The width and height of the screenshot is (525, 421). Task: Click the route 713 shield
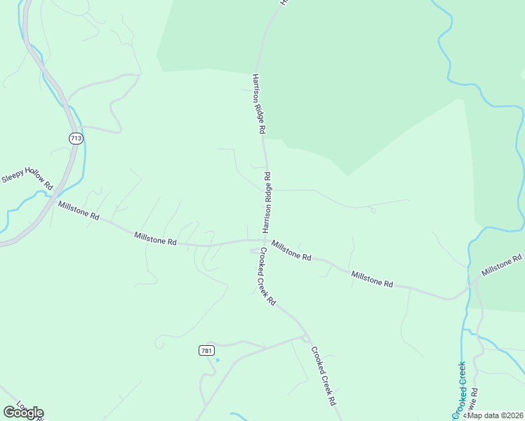[x=76, y=138]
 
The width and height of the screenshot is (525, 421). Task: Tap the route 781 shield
[x=206, y=350]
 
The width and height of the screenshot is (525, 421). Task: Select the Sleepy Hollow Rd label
[x=27, y=179]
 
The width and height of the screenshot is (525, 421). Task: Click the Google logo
[x=23, y=413]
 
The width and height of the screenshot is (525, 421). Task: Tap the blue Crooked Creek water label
[x=460, y=388]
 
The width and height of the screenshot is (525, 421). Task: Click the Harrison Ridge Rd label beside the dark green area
[x=258, y=104]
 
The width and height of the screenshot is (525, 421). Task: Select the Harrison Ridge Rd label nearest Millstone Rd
[x=267, y=201]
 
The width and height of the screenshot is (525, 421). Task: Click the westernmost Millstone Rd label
[x=79, y=210]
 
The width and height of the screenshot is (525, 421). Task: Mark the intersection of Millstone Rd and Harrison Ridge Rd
[x=265, y=240]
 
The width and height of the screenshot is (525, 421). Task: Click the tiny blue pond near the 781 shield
[x=217, y=361]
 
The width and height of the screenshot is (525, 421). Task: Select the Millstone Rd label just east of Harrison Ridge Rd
[x=291, y=251]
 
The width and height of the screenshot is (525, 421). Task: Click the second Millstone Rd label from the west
[x=155, y=239]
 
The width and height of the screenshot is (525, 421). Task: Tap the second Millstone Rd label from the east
[x=372, y=279]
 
